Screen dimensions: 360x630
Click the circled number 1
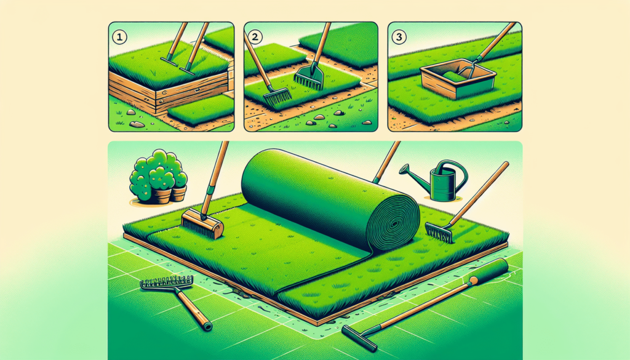[x=119, y=36]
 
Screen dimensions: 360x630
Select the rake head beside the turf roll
[x=438, y=232]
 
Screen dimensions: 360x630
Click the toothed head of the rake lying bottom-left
[x=166, y=284]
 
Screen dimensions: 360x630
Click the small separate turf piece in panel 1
[x=200, y=111]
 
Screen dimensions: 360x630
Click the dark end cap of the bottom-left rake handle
[x=208, y=326]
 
